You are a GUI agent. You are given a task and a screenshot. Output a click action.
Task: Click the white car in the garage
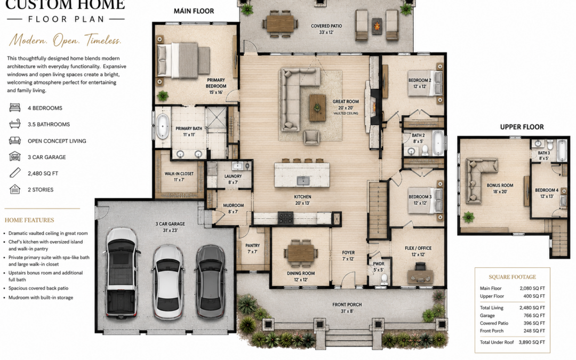point(168,282)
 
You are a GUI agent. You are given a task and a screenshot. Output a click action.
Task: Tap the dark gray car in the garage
point(211,282)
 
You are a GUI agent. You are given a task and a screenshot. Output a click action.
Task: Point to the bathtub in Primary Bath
point(162,127)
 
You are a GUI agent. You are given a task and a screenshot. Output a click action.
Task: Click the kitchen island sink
point(303,180)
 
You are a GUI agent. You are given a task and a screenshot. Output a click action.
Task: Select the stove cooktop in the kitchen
point(285,218)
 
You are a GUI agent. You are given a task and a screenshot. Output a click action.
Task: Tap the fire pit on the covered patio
point(377,27)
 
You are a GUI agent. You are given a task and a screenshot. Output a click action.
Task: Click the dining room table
point(300,253)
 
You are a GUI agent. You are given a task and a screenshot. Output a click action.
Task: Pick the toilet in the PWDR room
point(384,279)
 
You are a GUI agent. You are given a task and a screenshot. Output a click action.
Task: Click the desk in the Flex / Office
point(420,276)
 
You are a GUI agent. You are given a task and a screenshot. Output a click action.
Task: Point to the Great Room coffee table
point(317,108)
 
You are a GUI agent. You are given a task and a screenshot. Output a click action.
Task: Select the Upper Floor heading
point(522,127)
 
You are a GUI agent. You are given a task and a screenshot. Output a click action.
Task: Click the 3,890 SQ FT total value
point(532,342)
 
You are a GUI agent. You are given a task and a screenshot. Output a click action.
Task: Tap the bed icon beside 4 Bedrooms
point(15,108)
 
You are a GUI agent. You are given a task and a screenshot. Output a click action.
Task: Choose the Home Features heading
point(29,220)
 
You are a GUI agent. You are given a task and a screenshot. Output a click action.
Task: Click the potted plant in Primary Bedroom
point(162,96)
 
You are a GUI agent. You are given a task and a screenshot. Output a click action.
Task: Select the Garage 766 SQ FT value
point(534,316)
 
